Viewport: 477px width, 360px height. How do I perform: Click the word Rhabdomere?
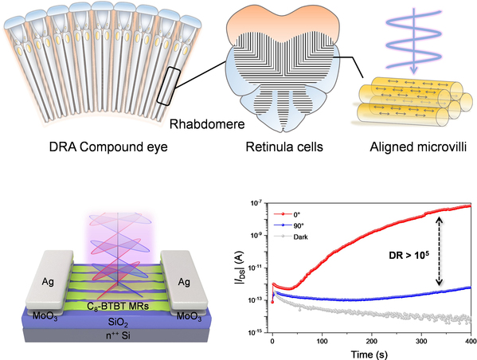[x=207, y=124]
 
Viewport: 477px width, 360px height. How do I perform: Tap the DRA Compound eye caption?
[x=108, y=147]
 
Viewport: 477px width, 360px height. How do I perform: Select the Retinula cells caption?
[x=284, y=147]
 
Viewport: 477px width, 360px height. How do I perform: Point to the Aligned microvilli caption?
[x=418, y=147]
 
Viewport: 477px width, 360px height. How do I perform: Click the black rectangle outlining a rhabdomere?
[x=169, y=87]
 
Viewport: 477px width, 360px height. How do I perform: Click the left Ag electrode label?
[x=48, y=282]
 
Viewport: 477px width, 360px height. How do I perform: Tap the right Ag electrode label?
[x=184, y=282]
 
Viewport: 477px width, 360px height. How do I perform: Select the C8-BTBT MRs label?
[x=118, y=306]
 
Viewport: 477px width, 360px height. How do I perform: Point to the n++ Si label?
[x=118, y=335]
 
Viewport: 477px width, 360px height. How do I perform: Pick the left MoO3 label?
[x=45, y=316]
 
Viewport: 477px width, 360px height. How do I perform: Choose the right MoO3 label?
[x=189, y=316]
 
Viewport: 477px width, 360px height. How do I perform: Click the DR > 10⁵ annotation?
[x=409, y=255]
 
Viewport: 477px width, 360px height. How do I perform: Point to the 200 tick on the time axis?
[x=372, y=341]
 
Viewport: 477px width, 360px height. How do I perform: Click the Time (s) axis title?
[x=369, y=354]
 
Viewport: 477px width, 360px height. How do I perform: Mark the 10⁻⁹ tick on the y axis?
[x=256, y=235]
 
